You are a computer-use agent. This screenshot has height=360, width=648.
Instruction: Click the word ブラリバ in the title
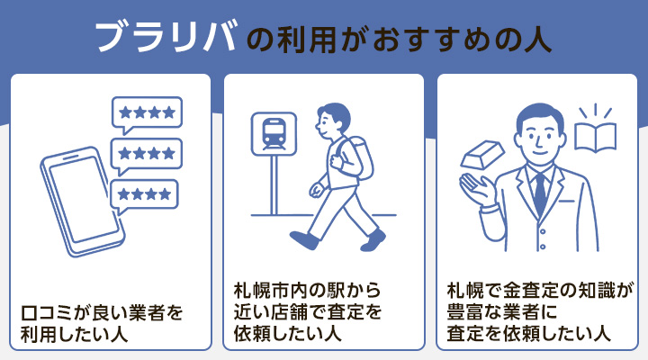coord(166,37)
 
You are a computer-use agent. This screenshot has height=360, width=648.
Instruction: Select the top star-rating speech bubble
coord(147,113)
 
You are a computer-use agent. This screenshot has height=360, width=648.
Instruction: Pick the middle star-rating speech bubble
coord(146,154)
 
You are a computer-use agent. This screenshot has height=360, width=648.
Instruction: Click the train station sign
coord(270,135)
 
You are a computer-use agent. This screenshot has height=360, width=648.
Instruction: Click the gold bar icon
coord(479,156)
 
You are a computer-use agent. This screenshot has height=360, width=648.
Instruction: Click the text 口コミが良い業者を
coord(102,314)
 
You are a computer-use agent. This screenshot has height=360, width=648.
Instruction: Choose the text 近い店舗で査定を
coord(306,313)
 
